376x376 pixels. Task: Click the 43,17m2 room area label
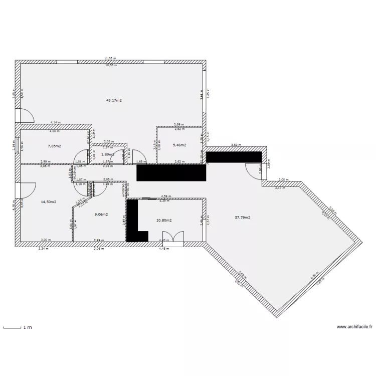pyautogui.click(x=114, y=100)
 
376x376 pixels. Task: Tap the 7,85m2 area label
pyautogui.click(x=55, y=146)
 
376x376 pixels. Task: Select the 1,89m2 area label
pyautogui.click(x=107, y=154)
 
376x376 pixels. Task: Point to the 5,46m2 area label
pyautogui.click(x=179, y=145)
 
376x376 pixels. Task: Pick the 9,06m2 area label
pyautogui.click(x=102, y=214)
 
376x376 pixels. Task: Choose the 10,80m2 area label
pyautogui.click(x=164, y=220)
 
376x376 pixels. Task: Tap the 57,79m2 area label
pyautogui.click(x=243, y=218)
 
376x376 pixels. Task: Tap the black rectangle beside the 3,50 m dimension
pyautogui.click(x=234, y=157)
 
